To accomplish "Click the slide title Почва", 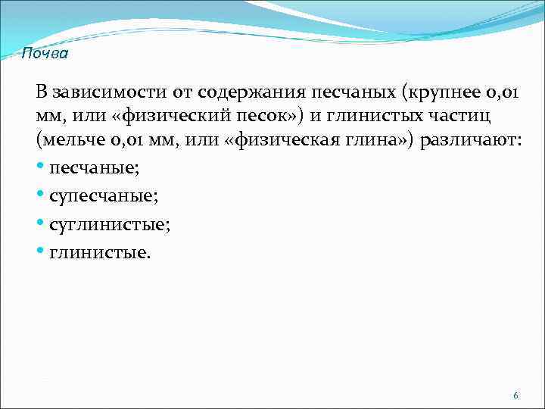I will click(45, 54).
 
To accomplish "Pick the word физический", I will click(159, 117).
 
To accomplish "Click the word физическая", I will click(279, 142).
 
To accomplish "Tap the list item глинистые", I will click(100, 251).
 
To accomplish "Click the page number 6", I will click(515, 396).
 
